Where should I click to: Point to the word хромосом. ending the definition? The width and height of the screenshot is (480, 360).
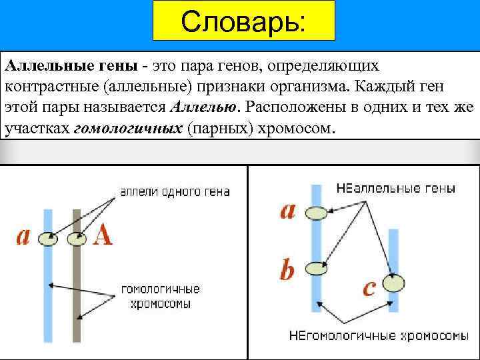297,127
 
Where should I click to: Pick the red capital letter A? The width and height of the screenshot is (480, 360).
103,235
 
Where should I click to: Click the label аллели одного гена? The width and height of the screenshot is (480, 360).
175,192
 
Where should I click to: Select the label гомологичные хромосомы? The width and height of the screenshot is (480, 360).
160,297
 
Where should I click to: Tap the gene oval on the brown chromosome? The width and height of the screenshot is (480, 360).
77,238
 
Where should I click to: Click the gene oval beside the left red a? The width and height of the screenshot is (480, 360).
47,238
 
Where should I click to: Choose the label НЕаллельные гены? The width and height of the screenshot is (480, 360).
396,189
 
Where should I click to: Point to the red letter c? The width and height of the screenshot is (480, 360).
369,287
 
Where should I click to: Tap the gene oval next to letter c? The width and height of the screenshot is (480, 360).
394,283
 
